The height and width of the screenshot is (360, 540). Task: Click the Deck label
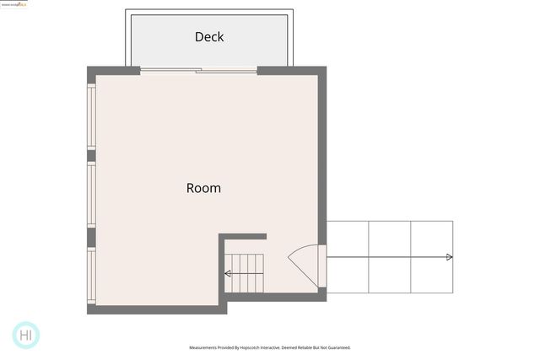[x=208, y=37]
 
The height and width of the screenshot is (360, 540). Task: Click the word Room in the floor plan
[x=203, y=188]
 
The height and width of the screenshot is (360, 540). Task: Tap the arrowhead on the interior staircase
[x=228, y=273]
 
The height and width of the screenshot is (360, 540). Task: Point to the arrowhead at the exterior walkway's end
[x=449, y=257]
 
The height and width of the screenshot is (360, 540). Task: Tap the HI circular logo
[x=27, y=335]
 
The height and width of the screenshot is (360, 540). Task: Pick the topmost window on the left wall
[x=91, y=116]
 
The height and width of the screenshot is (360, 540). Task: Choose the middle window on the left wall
[x=91, y=195]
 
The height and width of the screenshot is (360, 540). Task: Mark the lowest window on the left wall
[x=91, y=277]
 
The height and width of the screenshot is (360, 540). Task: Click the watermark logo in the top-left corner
[x=13, y=5]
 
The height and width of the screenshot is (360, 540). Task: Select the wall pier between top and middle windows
[x=91, y=155]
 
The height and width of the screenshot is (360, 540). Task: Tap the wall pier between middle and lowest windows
[x=91, y=237]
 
